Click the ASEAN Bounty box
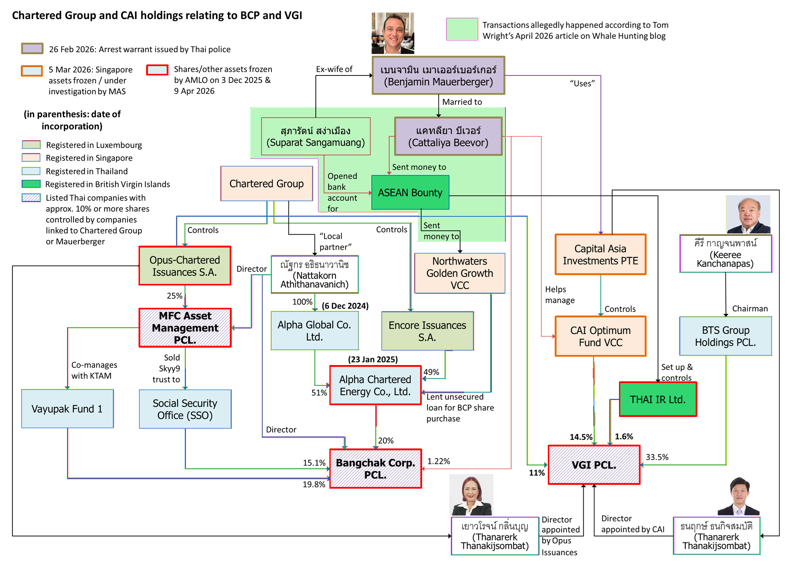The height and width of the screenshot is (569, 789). pyautogui.click(x=410, y=192)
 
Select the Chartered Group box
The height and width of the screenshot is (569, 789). pyautogui.click(x=267, y=183)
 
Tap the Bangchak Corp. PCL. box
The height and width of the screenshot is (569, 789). pyautogui.click(x=375, y=469)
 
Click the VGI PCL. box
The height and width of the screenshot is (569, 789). pyautogui.click(x=594, y=465)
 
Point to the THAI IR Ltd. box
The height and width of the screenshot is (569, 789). pyautogui.click(x=658, y=399)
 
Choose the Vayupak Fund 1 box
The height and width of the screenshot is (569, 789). pyautogui.click(x=67, y=409)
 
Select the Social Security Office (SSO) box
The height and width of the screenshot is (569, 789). pyautogui.click(x=185, y=409)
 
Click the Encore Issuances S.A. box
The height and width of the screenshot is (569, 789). pyautogui.click(x=427, y=331)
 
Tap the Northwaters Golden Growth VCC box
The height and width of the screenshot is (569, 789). pyautogui.click(x=460, y=273)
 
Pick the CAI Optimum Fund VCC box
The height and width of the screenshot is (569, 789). pyautogui.click(x=600, y=336)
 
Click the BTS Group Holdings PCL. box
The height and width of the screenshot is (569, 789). pyautogui.click(x=725, y=336)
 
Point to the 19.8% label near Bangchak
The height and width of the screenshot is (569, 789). pyautogui.click(x=314, y=484)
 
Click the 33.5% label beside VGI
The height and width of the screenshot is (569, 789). pyautogui.click(x=657, y=457)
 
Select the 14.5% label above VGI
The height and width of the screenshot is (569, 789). pyautogui.click(x=581, y=437)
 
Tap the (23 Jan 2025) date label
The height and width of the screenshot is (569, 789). pyautogui.click(x=373, y=359)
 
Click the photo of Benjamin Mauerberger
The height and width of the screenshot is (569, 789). pyautogui.click(x=393, y=33)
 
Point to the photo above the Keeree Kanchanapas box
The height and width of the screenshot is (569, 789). pyautogui.click(x=748, y=214)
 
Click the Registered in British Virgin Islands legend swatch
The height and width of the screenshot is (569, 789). pyautogui.click(x=31, y=184)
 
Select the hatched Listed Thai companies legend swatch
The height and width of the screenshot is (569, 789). pyautogui.click(x=31, y=198)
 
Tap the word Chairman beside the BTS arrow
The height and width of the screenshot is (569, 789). pyautogui.click(x=750, y=309)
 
